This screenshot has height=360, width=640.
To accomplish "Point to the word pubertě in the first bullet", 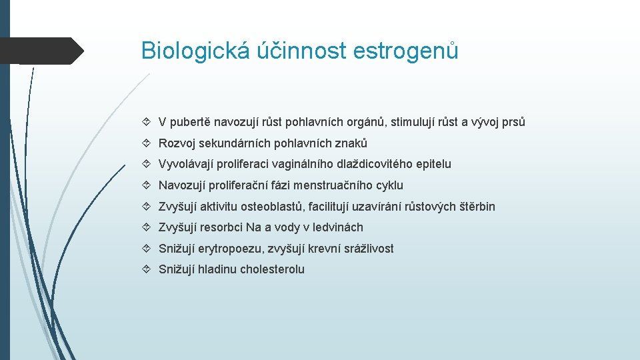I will click(191, 122).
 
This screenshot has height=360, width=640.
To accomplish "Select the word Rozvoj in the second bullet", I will click(177, 143).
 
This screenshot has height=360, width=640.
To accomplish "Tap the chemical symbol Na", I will click(253, 227).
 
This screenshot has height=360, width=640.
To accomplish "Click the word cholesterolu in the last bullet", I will click(272, 269).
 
